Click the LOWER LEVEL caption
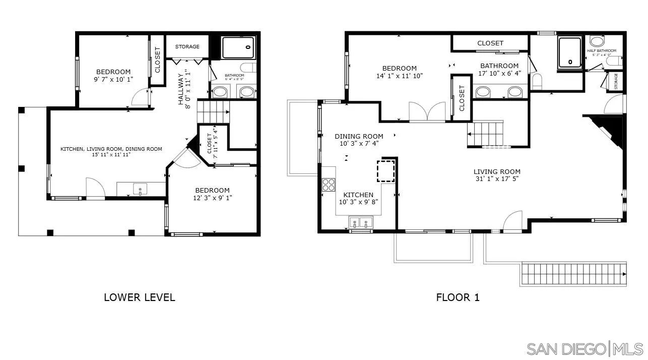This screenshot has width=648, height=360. tap(139, 297)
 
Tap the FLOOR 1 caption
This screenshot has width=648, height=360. tap(458, 297)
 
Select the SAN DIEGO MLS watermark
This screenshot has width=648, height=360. tap(585, 348)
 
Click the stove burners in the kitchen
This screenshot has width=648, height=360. tap(329, 185)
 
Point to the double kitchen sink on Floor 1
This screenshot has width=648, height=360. tap(361, 222)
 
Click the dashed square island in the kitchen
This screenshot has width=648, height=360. tap(386, 171)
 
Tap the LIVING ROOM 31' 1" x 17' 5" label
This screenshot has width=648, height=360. tap(497, 175)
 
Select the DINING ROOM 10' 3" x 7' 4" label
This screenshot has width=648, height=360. tap(359, 140)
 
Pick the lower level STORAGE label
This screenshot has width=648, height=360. tap(187, 46)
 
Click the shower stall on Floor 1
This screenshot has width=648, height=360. tap(570, 52)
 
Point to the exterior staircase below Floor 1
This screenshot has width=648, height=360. tap(573, 274)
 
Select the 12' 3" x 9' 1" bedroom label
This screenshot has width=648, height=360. tap(212, 194)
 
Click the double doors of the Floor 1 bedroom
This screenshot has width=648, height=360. tap(427, 112)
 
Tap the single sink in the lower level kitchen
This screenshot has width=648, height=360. tap(140, 190)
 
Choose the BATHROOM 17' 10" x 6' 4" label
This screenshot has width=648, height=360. tap(499, 70)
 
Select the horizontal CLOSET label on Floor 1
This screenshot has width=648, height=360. tap(490, 43)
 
